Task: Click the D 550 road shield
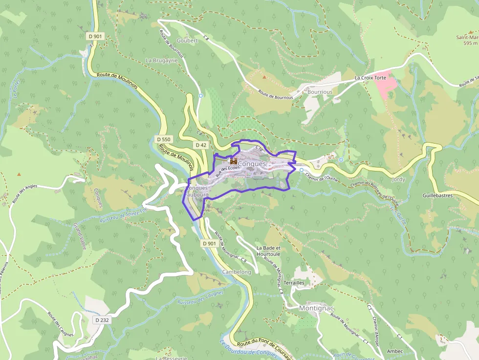point(164,140)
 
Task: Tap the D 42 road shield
point(201,145)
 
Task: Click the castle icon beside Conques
point(234,161)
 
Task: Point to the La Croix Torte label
point(370,78)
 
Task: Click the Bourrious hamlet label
point(320,92)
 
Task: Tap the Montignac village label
point(316,308)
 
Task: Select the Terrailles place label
point(294,283)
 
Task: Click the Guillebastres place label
point(438,195)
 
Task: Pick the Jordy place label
point(399,180)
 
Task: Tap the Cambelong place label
point(237,272)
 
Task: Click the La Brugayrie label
point(162,60)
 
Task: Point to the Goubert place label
point(187,41)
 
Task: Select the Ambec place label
point(394,351)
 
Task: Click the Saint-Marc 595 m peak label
point(467,40)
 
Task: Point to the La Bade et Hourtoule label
point(268,251)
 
